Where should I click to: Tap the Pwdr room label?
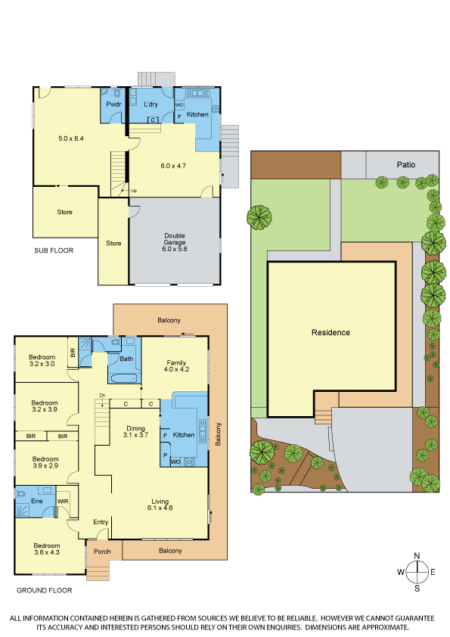[x=113, y=104]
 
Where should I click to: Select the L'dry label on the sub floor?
[x=151, y=104]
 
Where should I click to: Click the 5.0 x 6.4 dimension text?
[x=71, y=138]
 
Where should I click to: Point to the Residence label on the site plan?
[x=331, y=332]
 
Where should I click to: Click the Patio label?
[x=405, y=164]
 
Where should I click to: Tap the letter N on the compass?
[x=417, y=556]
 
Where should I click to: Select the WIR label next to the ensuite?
[x=63, y=502]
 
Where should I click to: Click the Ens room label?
[x=36, y=501]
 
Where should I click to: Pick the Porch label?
[x=102, y=552]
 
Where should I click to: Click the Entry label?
[x=101, y=522]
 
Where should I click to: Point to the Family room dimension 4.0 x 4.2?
[x=176, y=369]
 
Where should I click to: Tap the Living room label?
[x=160, y=502]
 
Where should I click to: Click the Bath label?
[x=126, y=359]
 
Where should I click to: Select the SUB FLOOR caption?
[x=54, y=250]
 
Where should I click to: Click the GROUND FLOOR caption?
[x=45, y=590]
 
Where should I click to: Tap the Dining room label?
[x=135, y=428]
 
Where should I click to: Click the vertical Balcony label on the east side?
[x=218, y=434]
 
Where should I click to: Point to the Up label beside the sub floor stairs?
[x=134, y=191]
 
